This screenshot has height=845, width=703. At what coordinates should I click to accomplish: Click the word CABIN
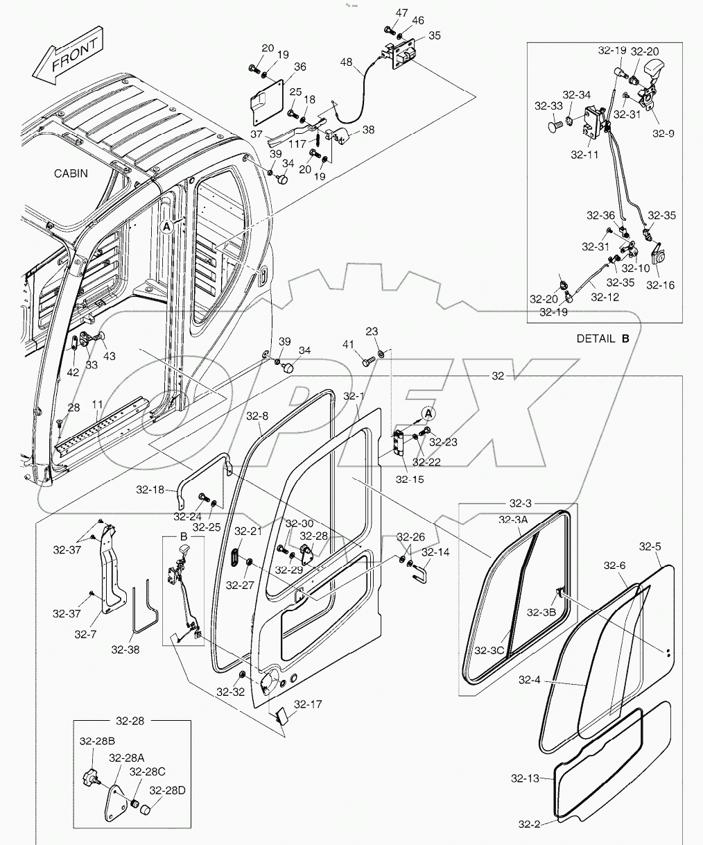click(71, 173)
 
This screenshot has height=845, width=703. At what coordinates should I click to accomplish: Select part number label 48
click(346, 62)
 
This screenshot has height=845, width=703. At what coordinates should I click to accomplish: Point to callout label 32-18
click(150, 490)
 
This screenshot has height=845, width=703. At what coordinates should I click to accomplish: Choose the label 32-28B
click(97, 741)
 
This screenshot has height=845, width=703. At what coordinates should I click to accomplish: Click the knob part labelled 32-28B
click(89, 776)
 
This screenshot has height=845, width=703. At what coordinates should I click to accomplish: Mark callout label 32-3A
click(513, 519)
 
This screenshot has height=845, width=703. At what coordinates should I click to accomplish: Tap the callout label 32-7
click(84, 633)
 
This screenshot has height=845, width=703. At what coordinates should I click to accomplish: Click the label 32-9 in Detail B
click(665, 133)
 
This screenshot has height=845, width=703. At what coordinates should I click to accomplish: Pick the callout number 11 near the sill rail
click(96, 403)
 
